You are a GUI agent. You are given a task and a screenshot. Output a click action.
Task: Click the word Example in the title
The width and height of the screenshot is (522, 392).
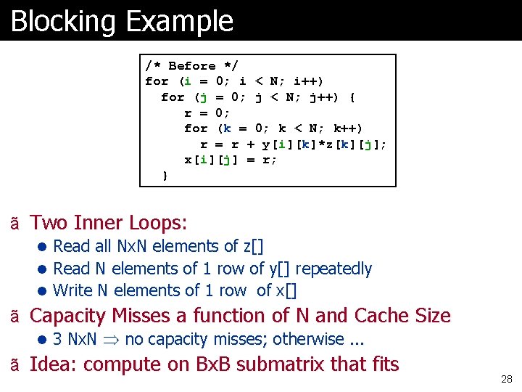pyautogui.click(x=179, y=21)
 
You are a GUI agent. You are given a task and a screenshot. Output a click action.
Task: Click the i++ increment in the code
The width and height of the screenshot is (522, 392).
pyautogui.click(x=309, y=81)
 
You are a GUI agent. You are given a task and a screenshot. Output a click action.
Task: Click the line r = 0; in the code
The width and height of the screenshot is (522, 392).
pyautogui.click(x=207, y=113)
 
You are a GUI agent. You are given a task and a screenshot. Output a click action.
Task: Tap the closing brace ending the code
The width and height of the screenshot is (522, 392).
pyautogui.click(x=165, y=175)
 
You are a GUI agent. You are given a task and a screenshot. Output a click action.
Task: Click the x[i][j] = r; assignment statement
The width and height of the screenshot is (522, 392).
pyautogui.click(x=231, y=160)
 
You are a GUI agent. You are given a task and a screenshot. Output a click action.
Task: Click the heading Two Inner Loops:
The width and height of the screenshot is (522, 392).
pyautogui.click(x=109, y=222)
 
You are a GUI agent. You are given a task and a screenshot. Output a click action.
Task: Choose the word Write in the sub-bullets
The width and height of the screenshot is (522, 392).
pyautogui.click(x=73, y=290)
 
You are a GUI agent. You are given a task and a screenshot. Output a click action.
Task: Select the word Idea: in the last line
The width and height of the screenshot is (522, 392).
pyautogui.click(x=54, y=364)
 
